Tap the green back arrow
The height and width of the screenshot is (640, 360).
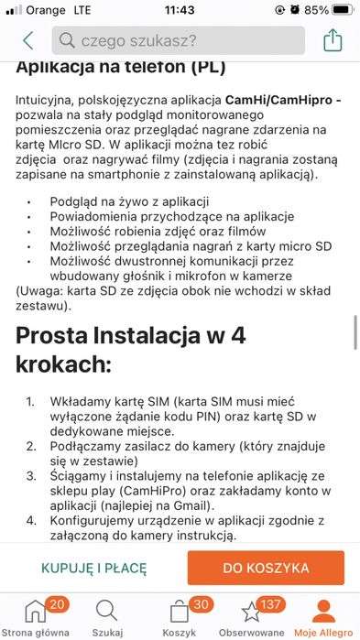(27, 40)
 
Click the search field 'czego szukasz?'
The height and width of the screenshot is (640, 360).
(179, 40)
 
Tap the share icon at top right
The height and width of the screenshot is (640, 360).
(333, 40)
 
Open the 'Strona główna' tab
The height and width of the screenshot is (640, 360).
(35, 618)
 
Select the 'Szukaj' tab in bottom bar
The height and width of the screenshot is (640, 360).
(106, 618)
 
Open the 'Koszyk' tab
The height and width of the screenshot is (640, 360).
(180, 618)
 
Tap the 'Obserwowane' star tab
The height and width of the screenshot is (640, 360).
(251, 618)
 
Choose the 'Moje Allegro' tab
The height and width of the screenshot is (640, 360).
(323, 618)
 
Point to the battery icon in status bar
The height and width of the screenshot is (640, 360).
(342, 10)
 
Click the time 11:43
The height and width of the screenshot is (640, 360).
(180, 10)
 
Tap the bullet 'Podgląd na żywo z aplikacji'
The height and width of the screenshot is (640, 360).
(130, 201)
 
